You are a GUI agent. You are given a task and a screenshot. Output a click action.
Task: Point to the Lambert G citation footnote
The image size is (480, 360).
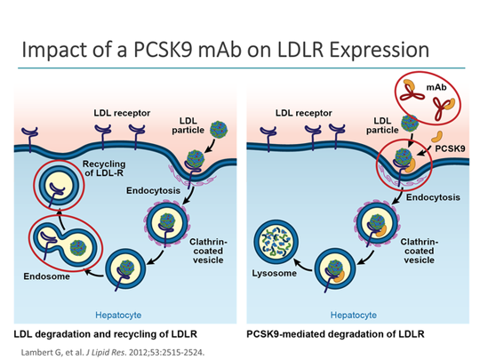(x=105, y=349)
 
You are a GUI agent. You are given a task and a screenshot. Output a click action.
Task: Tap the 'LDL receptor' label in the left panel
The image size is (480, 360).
(x=118, y=113)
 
